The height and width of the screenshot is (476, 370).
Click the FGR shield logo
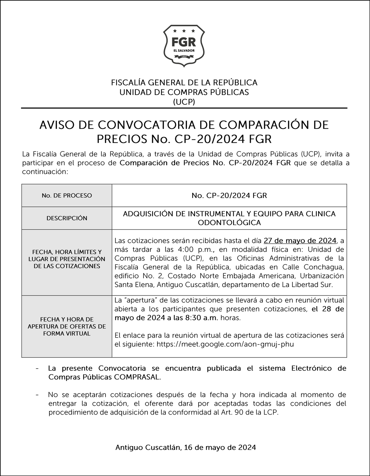pos(184,46)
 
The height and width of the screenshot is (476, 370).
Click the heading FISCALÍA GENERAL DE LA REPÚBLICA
pos(184,83)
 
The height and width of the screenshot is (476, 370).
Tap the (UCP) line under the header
pos(184,102)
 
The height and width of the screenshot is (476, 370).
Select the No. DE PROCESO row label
pos(67,196)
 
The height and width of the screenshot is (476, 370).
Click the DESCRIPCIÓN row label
pos(67,218)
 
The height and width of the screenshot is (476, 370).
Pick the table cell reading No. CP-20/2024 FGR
pos(229,196)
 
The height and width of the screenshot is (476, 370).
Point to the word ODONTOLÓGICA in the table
pos(229,223)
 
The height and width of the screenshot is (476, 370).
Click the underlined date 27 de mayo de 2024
pos(300,241)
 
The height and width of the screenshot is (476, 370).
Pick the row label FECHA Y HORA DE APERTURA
pos(67,326)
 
